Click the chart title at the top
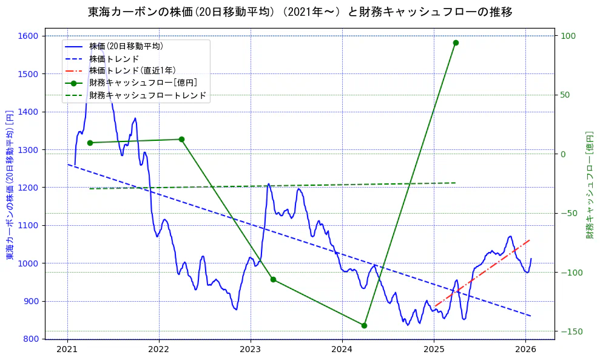pos(300,12)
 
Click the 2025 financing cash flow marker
pos(456,42)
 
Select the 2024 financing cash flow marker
pos(364,325)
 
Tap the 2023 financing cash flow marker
pos(273,279)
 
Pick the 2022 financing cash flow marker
pos(181,139)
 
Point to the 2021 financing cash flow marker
pos(90,143)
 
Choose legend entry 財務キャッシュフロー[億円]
pos(143,83)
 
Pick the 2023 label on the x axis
pos(251,349)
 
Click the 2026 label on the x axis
pos(525,349)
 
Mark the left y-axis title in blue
pos(10,185)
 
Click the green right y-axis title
pos(589,185)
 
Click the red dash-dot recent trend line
pos(482,273)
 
